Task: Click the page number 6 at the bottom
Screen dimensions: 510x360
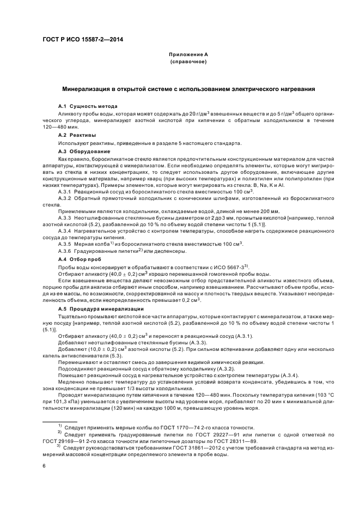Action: point(44,466)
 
